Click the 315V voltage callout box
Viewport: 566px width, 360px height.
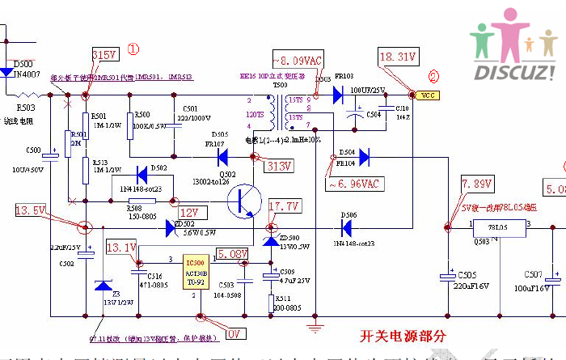106,55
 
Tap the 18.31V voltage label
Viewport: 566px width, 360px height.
397,57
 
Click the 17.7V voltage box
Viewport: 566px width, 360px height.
284,206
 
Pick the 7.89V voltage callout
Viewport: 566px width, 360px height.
476,184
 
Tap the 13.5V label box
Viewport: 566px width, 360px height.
30,210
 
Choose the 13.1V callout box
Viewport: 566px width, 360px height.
121,248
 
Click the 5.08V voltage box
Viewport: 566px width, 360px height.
232,254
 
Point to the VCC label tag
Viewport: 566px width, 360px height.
428,95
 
